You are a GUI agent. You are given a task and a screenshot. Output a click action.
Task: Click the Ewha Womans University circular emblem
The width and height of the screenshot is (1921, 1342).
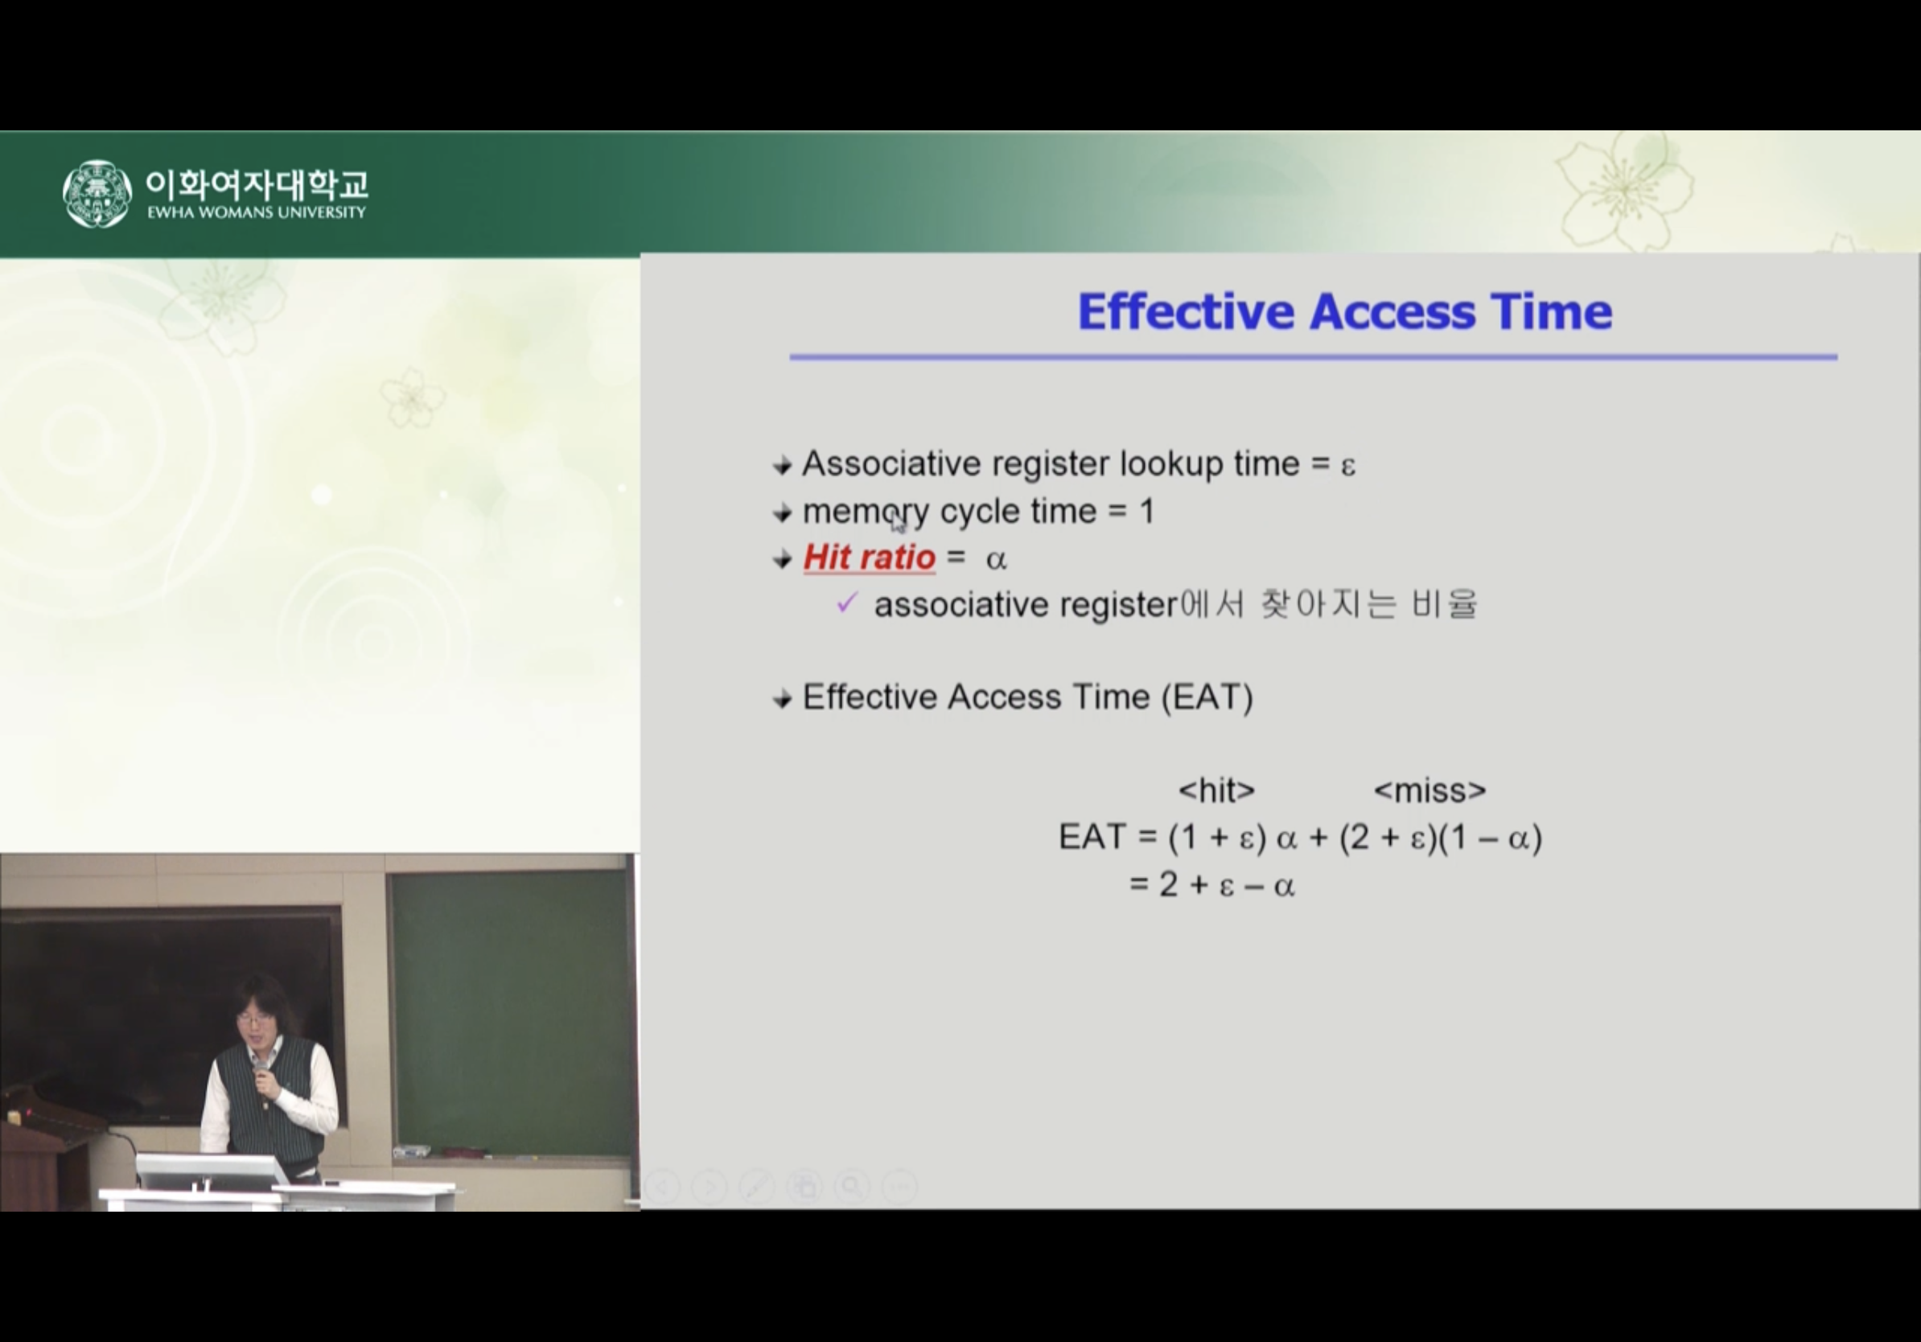pyautogui.click(x=97, y=193)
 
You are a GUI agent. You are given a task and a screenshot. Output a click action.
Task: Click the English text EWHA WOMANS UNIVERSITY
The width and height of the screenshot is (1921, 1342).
pyautogui.click(x=257, y=212)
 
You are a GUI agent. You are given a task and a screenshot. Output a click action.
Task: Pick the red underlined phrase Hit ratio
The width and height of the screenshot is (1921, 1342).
pyautogui.click(x=870, y=558)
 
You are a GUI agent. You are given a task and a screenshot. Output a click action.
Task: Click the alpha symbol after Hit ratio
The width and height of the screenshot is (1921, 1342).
pyautogui.click(x=996, y=560)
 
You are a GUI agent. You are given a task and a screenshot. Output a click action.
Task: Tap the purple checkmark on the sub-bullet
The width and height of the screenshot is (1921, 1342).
pyautogui.click(x=847, y=603)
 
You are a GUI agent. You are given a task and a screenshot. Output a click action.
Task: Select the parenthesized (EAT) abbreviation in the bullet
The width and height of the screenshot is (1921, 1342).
pyautogui.click(x=1207, y=698)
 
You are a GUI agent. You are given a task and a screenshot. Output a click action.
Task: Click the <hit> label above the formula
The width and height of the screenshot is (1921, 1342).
pyautogui.click(x=1216, y=791)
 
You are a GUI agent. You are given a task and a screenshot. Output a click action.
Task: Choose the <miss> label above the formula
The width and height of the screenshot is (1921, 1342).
pyautogui.click(x=1429, y=791)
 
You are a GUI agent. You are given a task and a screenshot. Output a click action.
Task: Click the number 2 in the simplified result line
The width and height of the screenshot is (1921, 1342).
pyautogui.click(x=1168, y=884)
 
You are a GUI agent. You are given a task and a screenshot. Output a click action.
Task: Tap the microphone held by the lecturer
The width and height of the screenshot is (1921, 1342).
pyautogui.click(x=262, y=1071)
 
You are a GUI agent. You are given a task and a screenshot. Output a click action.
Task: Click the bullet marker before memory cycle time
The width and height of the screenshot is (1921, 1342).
pyautogui.click(x=782, y=513)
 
